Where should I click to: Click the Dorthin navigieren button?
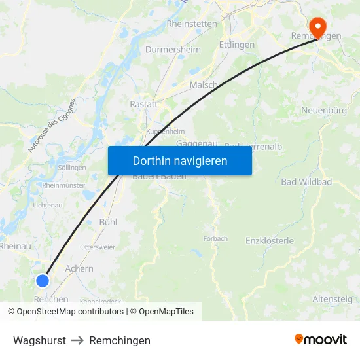[180, 160]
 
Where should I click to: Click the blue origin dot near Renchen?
[43, 281]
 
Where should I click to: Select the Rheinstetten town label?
[192, 23]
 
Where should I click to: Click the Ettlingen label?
[237, 45]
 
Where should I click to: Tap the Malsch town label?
[204, 85]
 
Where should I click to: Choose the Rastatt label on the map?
[144, 104]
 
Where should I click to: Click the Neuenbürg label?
[324, 111]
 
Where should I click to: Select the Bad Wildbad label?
[306, 181]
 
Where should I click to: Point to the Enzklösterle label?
[270, 241]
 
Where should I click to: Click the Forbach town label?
[215, 238]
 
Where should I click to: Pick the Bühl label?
[108, 222]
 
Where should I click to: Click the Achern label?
[79, 268]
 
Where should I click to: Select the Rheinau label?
[15, 246]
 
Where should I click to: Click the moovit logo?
[321, 340]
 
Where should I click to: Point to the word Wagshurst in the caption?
[39, 340]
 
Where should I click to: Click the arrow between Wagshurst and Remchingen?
[78, 340]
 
